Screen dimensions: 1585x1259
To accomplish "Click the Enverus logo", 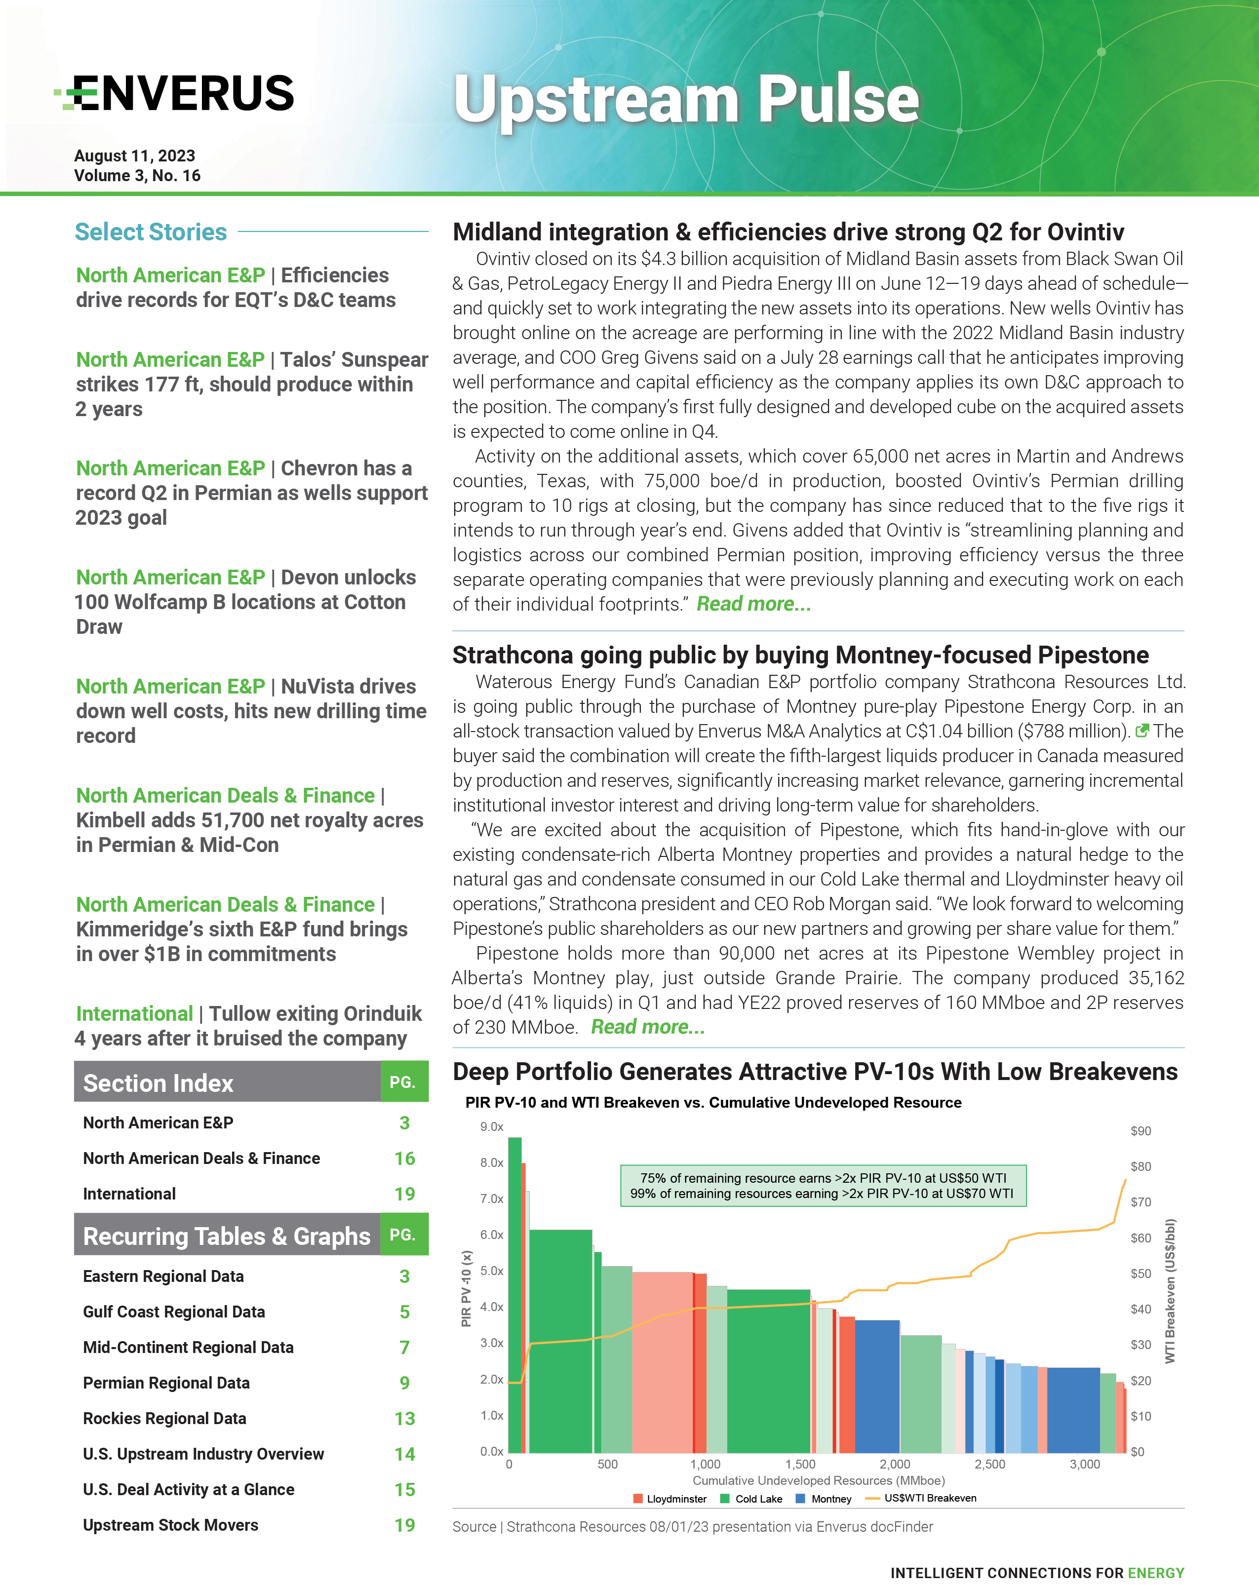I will pyautogui.click(x=175, y=93).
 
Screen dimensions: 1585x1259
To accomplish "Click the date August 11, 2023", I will pyautogui.click(x=135, y=156).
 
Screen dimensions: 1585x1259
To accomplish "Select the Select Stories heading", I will pyautogui.click(x=151, y=232).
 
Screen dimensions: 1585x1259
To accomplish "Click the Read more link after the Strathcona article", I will pyautogui.click(x=647, y=1027).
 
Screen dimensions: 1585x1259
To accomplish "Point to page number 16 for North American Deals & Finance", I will pyautogui.click(x=404, y=1159).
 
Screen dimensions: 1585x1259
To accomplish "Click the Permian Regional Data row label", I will pyautogui.click(x=166, y=1383).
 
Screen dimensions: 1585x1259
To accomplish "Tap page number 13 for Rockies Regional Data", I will pyautogui.click(x=404, y=1419).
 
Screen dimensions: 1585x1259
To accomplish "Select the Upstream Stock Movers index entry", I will pyautogui.click(x=171, y=1525).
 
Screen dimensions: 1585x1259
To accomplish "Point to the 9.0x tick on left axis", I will pyautogui.click(x=491, y=1127).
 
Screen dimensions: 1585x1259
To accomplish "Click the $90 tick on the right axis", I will pyautogui.click(x=1141, y=1131).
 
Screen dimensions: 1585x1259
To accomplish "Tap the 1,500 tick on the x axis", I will pyautogui.click(x=800, y=1465).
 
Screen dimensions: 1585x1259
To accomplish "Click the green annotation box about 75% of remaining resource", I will pyautogui.click(x=823, y=1186).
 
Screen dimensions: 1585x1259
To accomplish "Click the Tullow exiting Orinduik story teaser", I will pyautogui.click(x=248, y=1026).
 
